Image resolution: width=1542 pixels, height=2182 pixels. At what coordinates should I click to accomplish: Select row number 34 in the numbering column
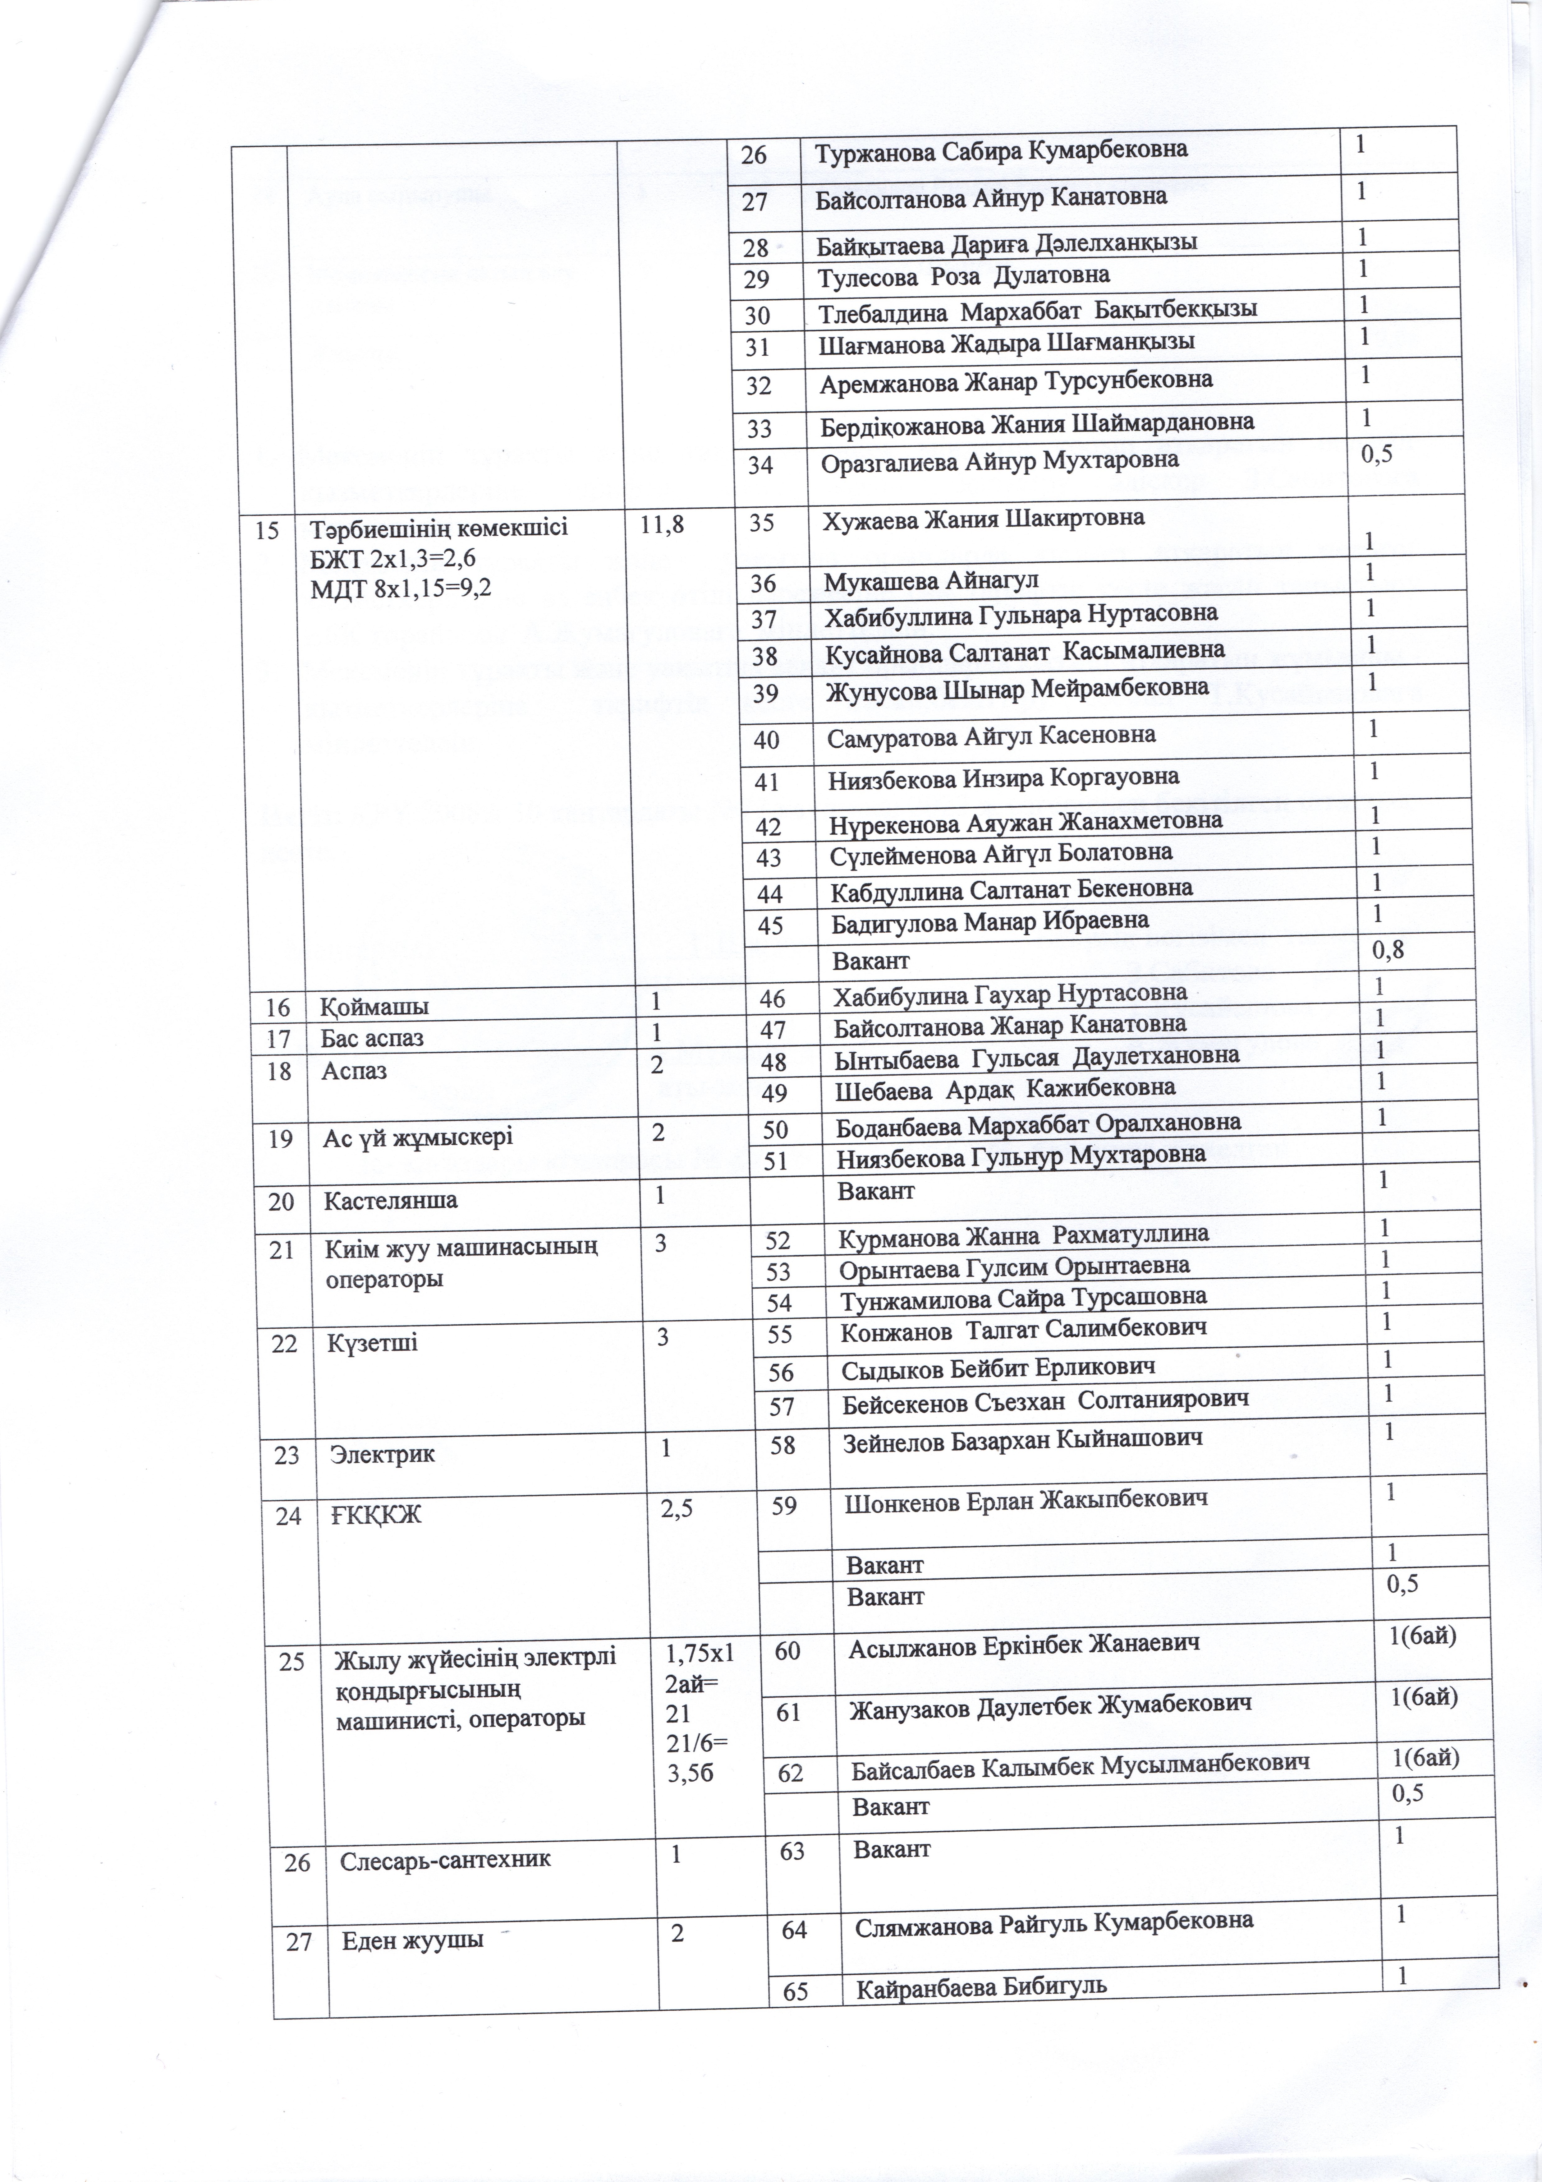tap(760, 465)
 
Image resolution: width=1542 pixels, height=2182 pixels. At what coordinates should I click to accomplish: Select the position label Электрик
tap(382, 1454)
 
